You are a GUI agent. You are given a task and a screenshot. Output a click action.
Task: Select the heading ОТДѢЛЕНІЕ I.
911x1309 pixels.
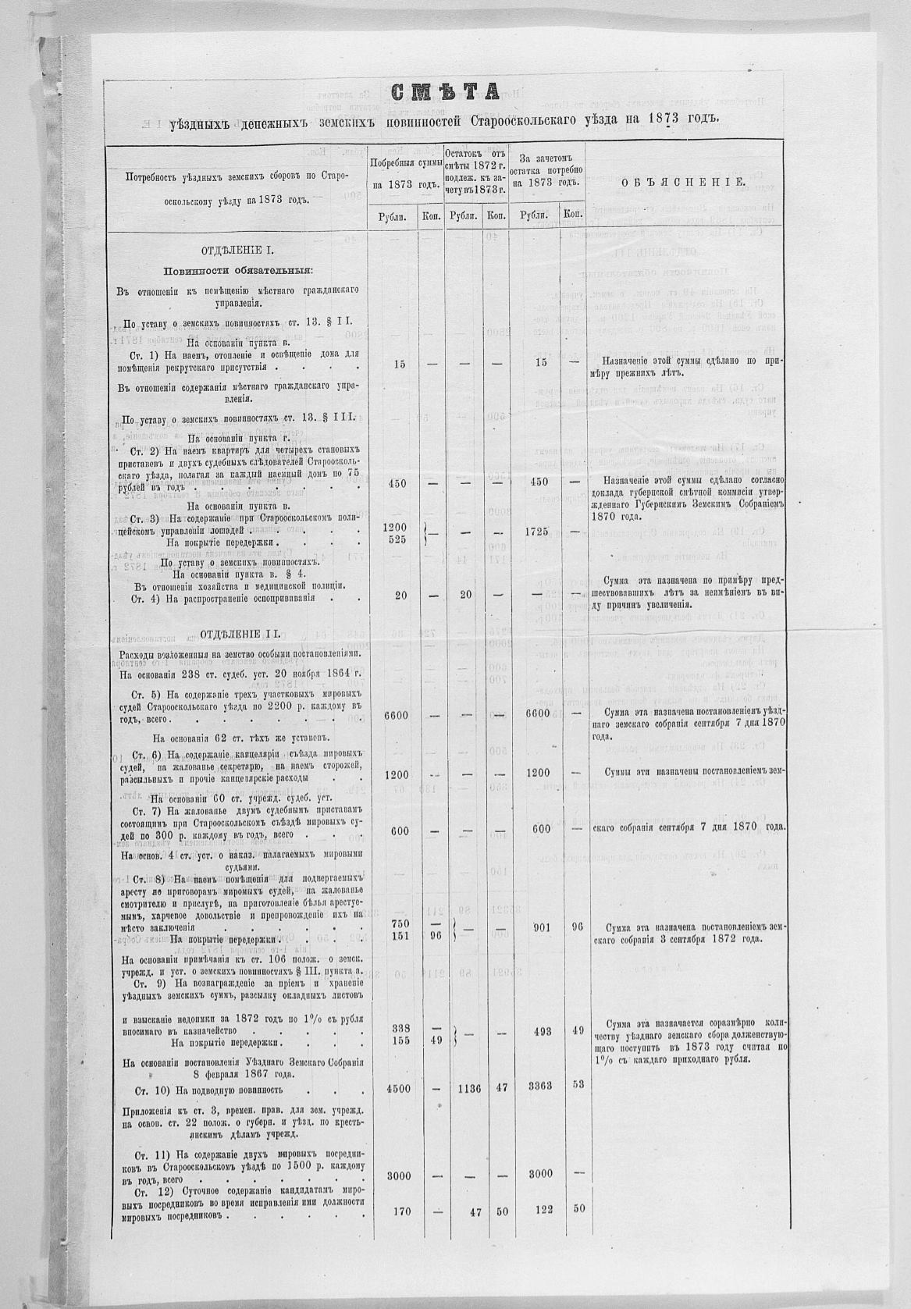point(239,251)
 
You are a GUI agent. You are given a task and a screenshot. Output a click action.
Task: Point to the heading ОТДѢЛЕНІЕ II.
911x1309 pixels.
point(239,632)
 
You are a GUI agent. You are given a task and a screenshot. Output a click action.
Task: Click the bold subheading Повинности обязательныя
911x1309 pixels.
point(238,271)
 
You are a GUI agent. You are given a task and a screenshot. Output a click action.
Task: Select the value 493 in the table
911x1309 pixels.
point(542,1031)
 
